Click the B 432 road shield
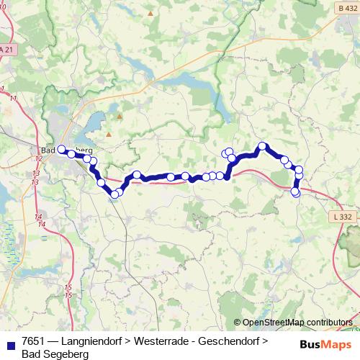[x=346, y=8]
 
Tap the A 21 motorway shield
[x=6, y=50]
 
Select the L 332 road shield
[x=343, y=216]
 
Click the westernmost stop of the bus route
[x=61, y=149]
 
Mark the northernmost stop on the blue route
[x=263, y=146]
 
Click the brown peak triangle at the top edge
[x=150, y=13]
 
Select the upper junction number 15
[x=68, y=287]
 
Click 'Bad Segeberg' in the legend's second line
[x=55, y=354]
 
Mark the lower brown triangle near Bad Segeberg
[x=109, y=133]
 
